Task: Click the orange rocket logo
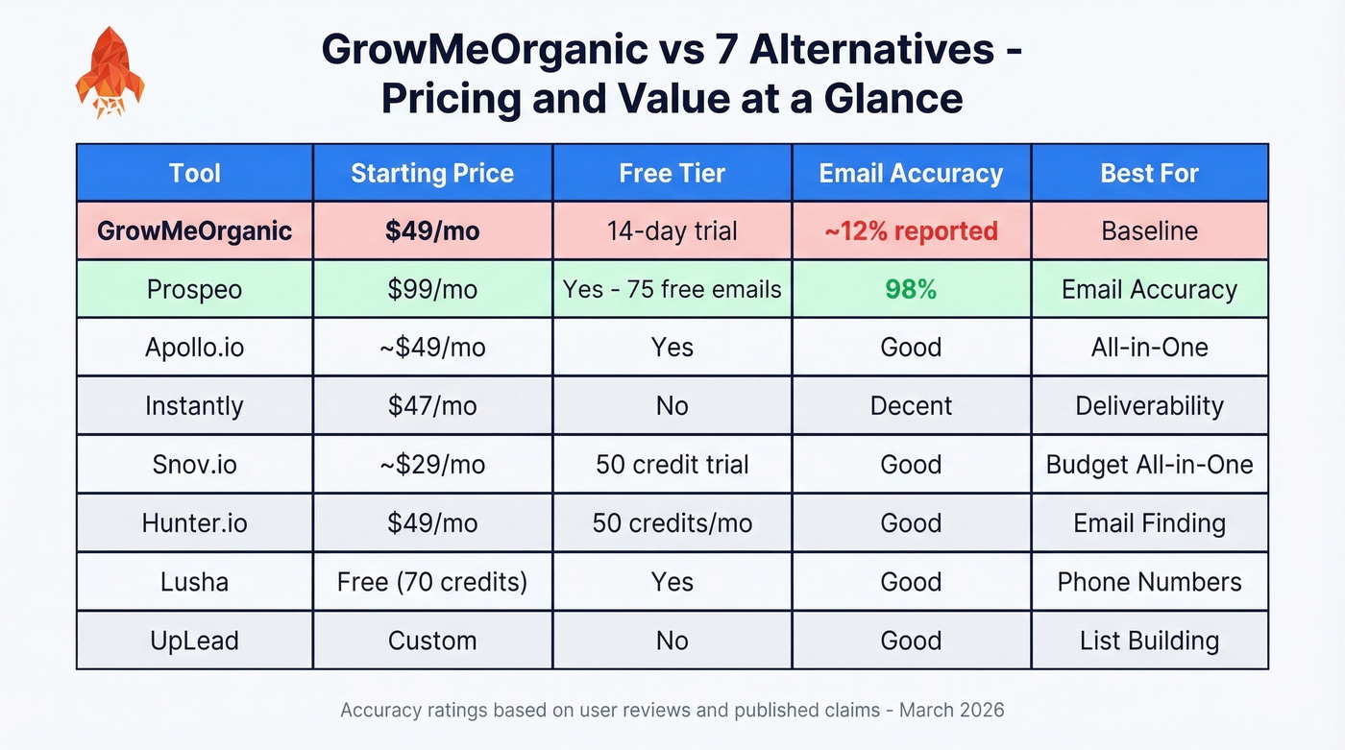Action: click(110, 72)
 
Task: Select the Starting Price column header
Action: click(432, 174)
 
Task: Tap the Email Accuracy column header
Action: click(911, 174)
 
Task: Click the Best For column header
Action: click(1149, 174)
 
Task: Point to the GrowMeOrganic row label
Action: click(194, 231)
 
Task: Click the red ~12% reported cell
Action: click(911, 231)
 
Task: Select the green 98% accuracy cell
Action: click(911, 289)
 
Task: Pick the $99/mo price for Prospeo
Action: click(432, 289)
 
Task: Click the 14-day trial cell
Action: click(672, 231)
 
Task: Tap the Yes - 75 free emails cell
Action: click(672, 289)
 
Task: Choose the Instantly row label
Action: click(194, 406)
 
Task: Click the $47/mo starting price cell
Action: click(432, 406)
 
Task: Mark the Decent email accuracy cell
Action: click(911, 406)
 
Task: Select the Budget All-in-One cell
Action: click(1149, 465)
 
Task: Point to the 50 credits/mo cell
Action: click(672, 523)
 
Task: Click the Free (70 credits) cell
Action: click(432, 582)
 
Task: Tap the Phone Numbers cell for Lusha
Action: click(1149, 582)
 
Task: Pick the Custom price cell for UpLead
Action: click(432, 641)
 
